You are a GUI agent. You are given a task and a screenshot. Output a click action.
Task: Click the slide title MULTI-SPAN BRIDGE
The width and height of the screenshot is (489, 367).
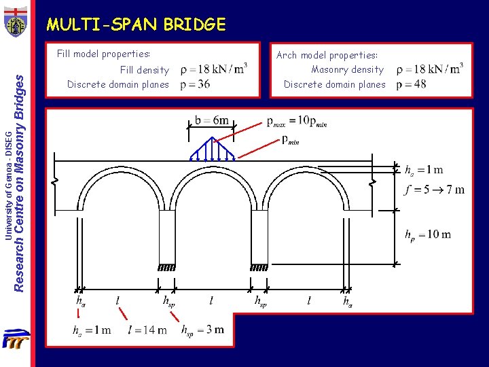tap(136, 25)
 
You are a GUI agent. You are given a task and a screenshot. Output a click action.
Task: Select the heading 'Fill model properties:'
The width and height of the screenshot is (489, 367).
tap(103, 54)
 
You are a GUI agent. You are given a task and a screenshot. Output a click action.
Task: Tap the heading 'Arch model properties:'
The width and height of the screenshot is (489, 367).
tap(327, 55)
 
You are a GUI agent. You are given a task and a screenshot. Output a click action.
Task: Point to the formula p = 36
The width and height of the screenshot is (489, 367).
tap(195, 84)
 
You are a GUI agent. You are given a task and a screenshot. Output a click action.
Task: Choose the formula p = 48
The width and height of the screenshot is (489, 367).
tap(412, 84)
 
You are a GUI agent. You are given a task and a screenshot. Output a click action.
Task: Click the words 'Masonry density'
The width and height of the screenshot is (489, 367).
tap(347, 69)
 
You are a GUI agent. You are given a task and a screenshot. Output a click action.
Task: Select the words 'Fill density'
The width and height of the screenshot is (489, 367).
tap(144, 70)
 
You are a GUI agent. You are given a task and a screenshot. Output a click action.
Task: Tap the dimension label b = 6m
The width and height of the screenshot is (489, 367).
tap(212, 121)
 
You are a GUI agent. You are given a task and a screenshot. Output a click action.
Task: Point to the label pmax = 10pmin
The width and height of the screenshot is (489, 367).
tap(297, 121)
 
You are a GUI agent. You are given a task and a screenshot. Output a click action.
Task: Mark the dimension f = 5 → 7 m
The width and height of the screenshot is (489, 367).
tap(434, 190)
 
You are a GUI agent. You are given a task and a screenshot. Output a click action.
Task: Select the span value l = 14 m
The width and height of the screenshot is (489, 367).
tap(147, 330)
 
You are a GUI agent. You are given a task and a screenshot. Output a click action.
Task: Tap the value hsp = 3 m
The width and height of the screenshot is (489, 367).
tap(202, 330)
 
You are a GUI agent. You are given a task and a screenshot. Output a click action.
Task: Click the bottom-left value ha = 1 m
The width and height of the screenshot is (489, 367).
tap(92, 330)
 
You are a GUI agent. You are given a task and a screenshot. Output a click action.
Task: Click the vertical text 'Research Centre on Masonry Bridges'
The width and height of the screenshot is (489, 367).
tap(20, 173)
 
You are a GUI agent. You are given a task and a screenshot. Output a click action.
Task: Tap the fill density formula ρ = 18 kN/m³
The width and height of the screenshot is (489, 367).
tap(213, 69)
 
